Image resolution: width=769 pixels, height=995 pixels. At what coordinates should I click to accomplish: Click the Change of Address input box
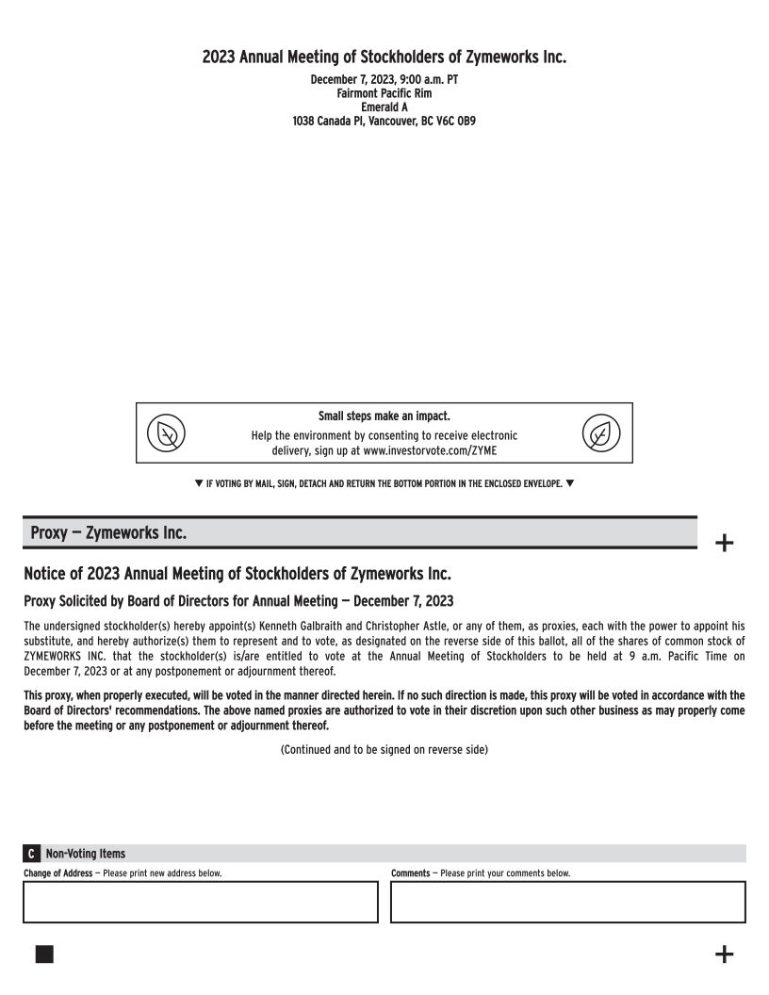pyautogui.click(x=200, y=902)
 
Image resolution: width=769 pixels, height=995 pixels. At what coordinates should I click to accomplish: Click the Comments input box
pyautogui.click(x=567, y=902)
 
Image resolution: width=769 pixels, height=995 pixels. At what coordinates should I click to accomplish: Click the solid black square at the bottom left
pyautogui.click(x=44, y=954)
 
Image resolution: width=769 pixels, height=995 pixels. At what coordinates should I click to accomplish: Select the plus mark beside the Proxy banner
pyautogui.click(x=724, y=543)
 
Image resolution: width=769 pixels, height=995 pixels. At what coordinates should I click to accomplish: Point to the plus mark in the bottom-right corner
pyautogui.click(x=724, y=954)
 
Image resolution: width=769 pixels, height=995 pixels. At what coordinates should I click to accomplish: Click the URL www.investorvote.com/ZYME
pyautogui.click(x=430, y=450)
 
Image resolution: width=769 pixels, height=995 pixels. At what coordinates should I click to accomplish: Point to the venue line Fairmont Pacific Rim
pyautogui.click(x=384, y=93)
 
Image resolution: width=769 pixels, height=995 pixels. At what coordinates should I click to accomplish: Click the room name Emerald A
pyautogui.click(x=384, y=107)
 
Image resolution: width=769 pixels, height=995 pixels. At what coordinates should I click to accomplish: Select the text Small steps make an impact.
pyautogui.click(x=384, y=416)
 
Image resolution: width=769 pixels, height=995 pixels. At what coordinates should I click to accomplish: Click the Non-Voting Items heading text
pyautogui.click(x=86, y=854)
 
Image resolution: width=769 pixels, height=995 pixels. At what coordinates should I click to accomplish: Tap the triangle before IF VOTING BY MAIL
pyautogui.click(x=198, y=484)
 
